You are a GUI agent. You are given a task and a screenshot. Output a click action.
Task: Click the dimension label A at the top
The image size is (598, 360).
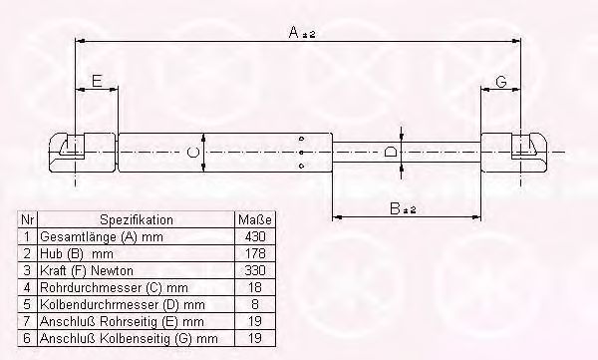294,32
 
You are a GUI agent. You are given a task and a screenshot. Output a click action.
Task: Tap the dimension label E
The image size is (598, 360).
98,81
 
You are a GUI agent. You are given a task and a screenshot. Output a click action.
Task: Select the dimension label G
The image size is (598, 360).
501,82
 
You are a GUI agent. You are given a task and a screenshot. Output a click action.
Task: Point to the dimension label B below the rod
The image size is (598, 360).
395,208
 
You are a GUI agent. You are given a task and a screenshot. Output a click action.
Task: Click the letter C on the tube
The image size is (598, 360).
193,153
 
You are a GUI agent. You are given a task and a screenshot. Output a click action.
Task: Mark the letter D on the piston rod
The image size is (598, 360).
391,152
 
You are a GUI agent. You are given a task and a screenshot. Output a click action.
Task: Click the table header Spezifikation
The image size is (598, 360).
137,220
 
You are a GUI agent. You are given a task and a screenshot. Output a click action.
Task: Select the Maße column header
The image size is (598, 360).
255,220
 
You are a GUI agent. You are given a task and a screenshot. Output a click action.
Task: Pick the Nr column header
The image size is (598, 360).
28,220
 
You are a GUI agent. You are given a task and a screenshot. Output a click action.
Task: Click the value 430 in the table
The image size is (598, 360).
255,236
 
